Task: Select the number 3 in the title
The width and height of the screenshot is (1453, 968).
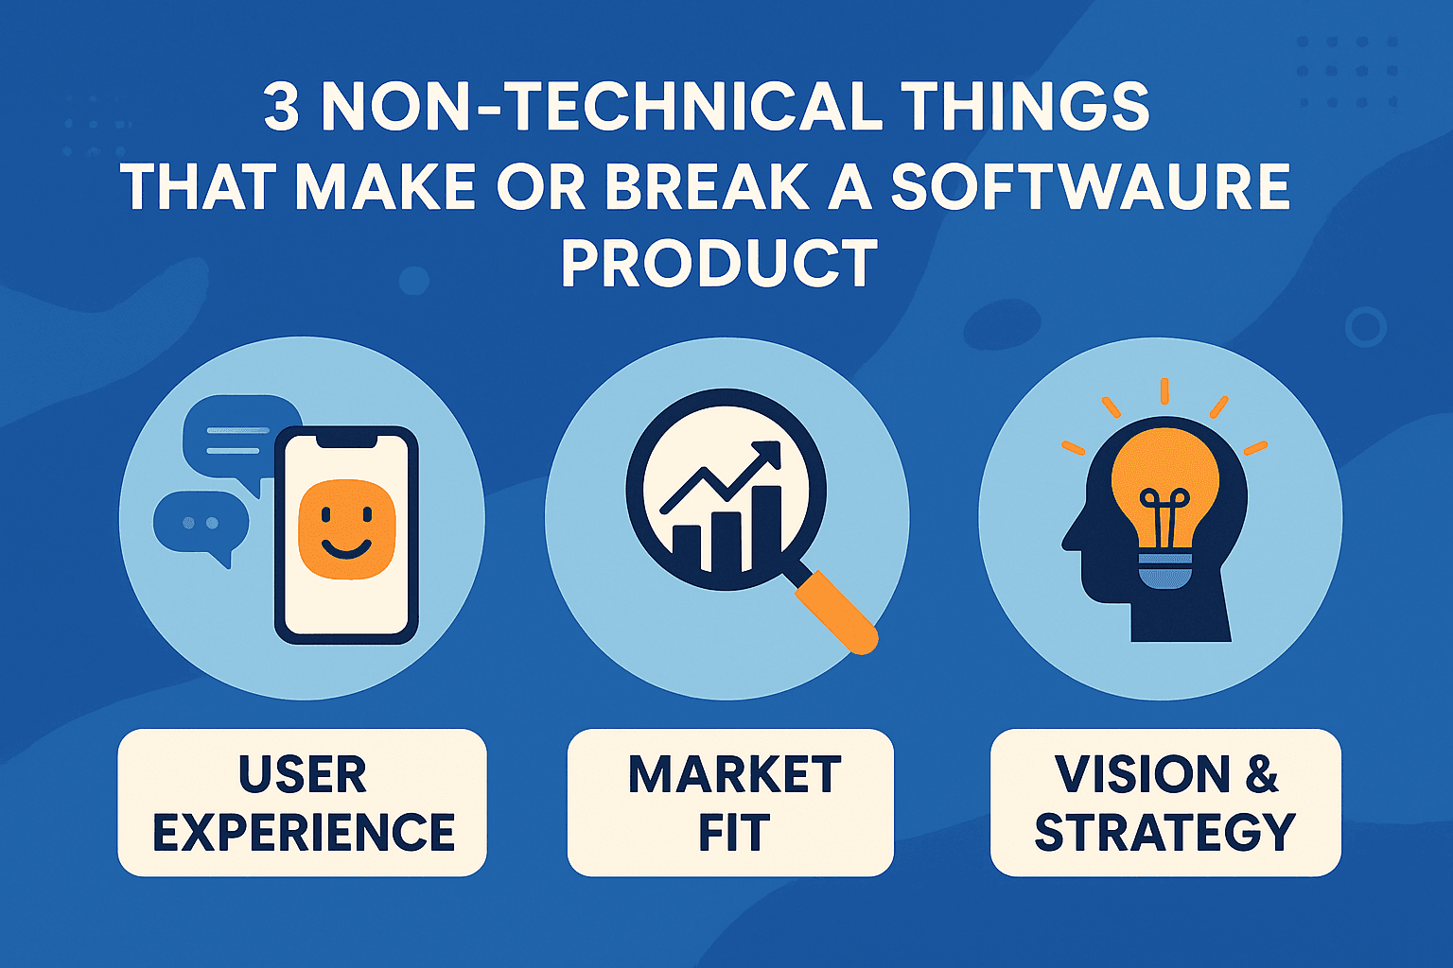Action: point(281,108)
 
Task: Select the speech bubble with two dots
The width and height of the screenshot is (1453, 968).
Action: point(201,525)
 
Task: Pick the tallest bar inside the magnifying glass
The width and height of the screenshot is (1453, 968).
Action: point(762,529)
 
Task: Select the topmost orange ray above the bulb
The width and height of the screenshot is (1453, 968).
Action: point(1164,390)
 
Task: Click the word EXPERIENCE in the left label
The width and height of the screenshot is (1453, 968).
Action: point(304,832)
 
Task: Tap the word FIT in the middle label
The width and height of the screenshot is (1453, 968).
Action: point(733,832)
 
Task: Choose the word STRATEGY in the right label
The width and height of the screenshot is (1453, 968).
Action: point(1164,832)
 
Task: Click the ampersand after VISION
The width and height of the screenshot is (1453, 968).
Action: point(1261,774)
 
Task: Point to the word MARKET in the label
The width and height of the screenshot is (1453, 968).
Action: point(734,774)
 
